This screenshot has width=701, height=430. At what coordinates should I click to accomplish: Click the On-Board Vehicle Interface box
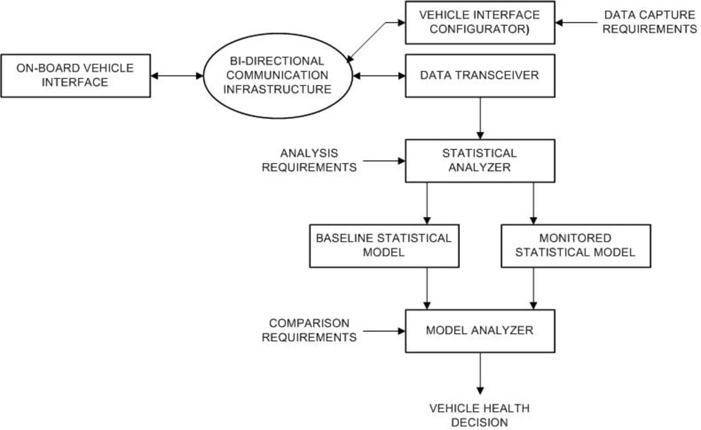pos(76,76)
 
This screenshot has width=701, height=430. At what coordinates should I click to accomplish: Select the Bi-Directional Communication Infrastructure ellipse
pos(278,76)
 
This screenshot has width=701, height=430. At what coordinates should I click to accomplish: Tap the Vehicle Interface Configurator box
pos(479,22)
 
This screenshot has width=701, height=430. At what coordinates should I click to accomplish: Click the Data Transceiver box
pos(479,76)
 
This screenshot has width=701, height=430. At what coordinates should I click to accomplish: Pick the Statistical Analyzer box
pos(479,161)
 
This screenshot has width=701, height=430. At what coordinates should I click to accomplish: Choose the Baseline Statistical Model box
pos(384,246)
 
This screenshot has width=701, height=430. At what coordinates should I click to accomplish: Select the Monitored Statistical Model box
pos(576,246)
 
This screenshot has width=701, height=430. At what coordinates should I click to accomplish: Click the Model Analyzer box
pos(479,331)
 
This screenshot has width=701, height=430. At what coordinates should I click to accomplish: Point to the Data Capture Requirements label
pos(650,22)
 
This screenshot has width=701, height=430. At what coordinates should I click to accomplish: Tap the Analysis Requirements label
pos(309,160)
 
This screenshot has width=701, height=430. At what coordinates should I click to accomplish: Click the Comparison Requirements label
pos(309,331)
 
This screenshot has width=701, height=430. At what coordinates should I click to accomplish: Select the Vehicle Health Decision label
pos(479,415)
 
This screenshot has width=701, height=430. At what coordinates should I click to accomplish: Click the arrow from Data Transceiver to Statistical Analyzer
pos(480,118)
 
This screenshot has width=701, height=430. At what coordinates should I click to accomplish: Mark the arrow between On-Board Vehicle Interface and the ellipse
pos(177,76)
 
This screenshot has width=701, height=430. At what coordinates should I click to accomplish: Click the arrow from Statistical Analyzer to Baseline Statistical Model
pos(427,203)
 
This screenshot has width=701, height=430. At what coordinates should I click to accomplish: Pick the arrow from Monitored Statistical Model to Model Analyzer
pos(533,289)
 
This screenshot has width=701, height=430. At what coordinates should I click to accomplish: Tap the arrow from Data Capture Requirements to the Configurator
pos(576,22)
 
